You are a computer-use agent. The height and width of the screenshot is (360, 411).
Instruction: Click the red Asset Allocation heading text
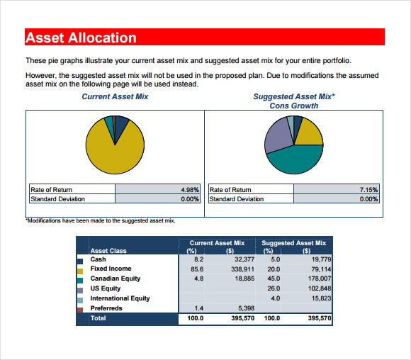(x=81, y=38)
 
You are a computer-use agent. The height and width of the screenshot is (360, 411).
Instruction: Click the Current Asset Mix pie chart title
(x=115, y=96)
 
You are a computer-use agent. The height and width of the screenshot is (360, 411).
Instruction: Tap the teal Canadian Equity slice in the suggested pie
(x=295, y=160)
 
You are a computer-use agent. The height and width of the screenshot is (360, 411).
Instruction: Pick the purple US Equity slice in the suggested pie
(x=278, y=136)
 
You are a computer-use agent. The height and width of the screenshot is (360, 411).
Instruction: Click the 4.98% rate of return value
(x=190, y=190)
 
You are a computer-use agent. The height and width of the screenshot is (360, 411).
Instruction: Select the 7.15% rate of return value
(x=368, y=190)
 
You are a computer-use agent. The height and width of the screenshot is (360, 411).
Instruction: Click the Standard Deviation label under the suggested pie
(x=237, y=199)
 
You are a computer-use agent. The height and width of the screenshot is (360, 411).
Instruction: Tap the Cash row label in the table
(x=98, y=259)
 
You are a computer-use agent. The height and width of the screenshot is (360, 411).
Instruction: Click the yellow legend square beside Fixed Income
(x=80, y=271)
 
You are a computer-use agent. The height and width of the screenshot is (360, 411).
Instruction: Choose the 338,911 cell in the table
(x=242, y=269)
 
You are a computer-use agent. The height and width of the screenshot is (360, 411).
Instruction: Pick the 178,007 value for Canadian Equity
(x=320, y=279)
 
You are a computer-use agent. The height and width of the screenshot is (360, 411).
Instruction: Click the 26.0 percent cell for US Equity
(x=274, y=288)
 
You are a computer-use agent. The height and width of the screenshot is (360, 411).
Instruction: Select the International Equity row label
(x=120, y=298)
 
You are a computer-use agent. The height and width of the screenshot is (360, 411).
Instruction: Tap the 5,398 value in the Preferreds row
(x=246, y=308)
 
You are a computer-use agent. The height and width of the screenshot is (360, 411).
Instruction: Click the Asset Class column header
(x=108, y=251)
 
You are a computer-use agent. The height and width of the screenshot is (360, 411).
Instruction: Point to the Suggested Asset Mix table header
(x=293, y=243)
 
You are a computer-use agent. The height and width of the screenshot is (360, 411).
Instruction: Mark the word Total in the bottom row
(x=98, y=318)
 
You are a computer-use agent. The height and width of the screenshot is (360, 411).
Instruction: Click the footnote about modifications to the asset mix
(x=101, y=220)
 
